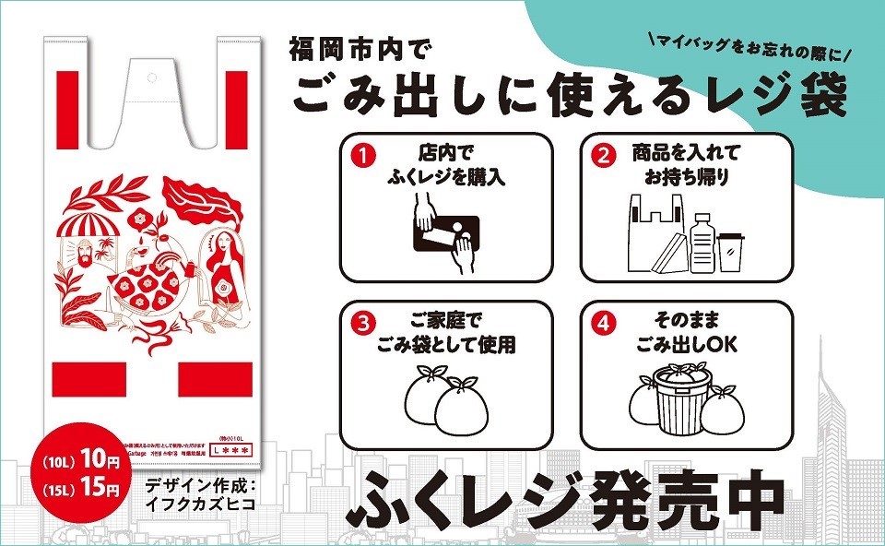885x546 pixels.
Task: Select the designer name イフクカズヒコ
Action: pos(199,505)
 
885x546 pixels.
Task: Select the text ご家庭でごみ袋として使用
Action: pos(447,335)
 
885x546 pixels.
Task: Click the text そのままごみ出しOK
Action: pos(687,335)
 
